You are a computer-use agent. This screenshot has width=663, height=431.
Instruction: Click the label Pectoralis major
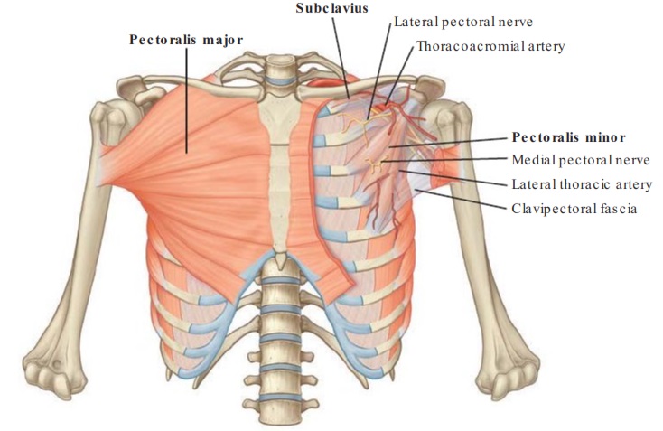(x=186, y=40)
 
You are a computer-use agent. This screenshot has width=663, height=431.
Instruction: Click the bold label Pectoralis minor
(x=569, y=138)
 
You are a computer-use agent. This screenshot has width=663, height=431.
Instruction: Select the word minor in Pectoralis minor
(x=609, y=138)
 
